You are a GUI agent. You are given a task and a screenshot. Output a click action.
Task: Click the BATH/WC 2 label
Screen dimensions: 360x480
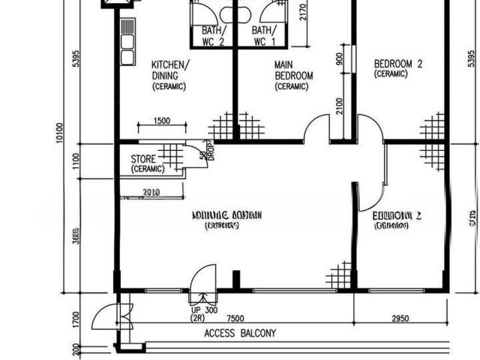(x=213, y=36)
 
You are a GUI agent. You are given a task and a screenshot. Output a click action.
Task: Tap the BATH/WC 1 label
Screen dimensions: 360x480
(x=263, y=36)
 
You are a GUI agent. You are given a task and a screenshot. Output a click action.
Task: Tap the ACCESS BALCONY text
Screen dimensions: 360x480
(x=240, y=334)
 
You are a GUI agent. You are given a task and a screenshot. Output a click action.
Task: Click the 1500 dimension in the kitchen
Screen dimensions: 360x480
(x=160, y=121)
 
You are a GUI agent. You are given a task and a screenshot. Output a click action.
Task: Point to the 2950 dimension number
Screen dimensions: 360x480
(x=400, y=319)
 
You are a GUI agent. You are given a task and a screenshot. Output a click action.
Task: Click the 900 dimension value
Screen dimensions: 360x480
(x=340, y=61)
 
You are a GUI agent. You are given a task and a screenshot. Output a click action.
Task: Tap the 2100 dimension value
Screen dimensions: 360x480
(x=340, y=106)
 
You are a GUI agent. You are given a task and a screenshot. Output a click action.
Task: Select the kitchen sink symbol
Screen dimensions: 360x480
(x=127, y=41)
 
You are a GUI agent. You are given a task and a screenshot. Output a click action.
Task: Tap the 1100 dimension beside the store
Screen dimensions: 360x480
(x=74, y=159)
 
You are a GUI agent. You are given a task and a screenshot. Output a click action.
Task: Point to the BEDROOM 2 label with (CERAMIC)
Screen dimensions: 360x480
(x=397, y=68)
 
